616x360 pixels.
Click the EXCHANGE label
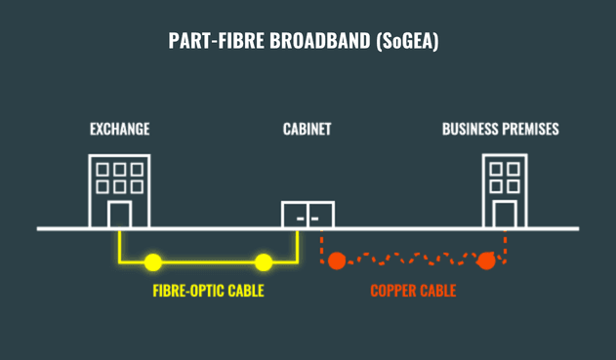(x=119, y=129)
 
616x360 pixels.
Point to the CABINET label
(x=308, y=129)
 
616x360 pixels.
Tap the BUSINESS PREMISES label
(x=500, y=129)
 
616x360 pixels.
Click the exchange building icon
(x=119, y=190)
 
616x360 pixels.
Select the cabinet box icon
(x=308, y=215)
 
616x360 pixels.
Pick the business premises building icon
(x=504, y=190)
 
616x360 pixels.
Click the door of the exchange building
(x=119, y=215)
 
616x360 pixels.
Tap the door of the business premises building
(x=504, y=215)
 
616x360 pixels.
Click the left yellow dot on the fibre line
(x=153, y=261)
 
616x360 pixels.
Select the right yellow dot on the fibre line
(x=263, y=261)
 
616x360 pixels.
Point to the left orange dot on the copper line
(x=337, y=260)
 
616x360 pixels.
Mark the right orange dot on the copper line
(x=485, y=260)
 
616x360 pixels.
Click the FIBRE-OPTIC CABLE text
(x=208, y=291)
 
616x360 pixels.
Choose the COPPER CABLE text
(x=413, y=291)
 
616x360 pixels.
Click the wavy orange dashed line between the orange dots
(x=411, y=260)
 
